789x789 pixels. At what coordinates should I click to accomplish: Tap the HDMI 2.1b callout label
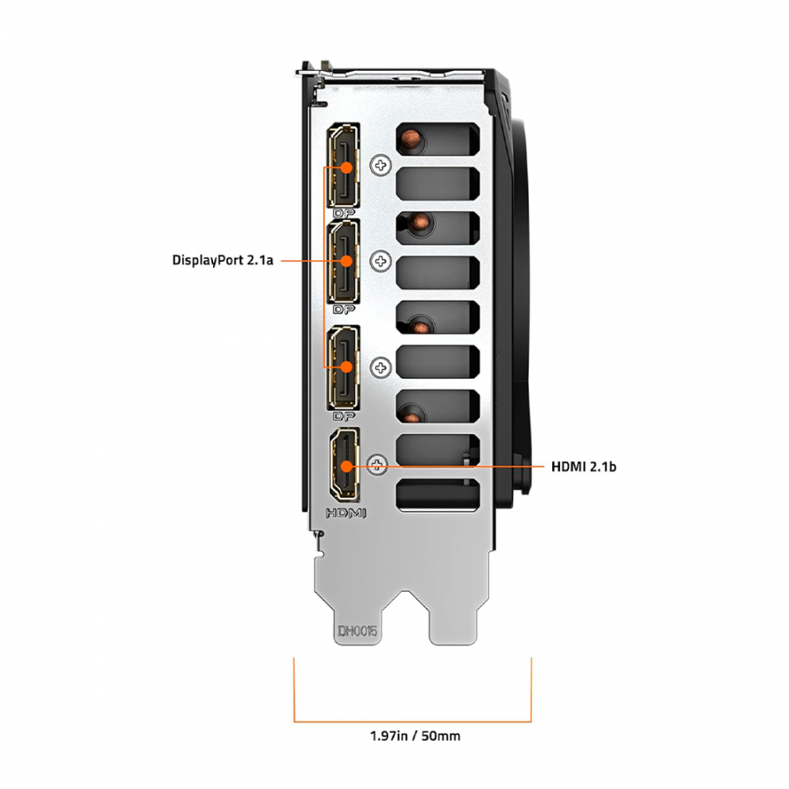click(x=583, y=466)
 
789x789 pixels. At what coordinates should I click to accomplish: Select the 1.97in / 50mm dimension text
click(x=414, y=736)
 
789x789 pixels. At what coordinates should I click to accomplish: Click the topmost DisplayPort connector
click(x=345, y=167)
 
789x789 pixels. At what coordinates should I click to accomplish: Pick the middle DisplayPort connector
click(x=345, y=262)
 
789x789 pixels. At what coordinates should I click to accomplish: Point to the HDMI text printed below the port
click(x=345, y=513)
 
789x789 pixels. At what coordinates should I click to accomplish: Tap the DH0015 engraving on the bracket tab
click(x=359, y=629)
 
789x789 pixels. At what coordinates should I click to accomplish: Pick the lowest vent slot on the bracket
click(x=438, y=496)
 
